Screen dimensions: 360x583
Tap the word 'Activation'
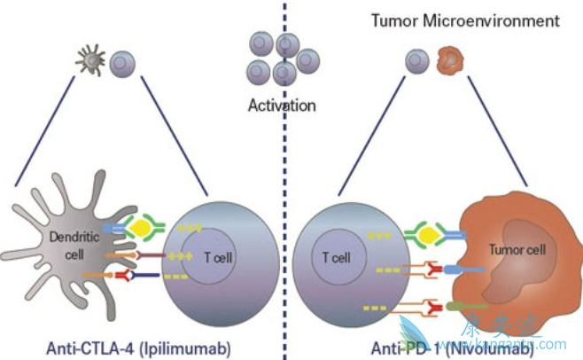pos(282,106)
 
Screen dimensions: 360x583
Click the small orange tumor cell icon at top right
pos(450,60)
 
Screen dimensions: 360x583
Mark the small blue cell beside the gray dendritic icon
pos(121,61)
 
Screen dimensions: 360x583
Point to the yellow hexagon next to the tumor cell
pos(422,235)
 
